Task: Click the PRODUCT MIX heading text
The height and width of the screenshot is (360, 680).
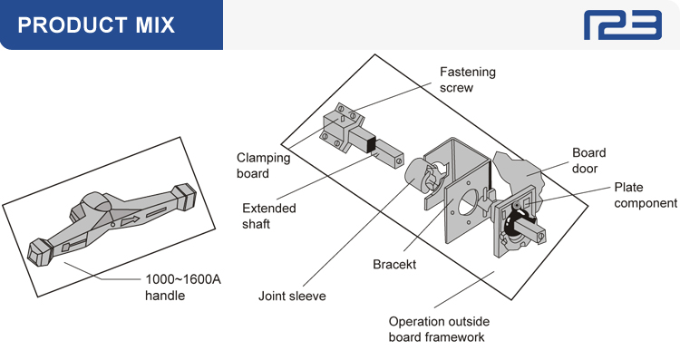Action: (x=96, y=24)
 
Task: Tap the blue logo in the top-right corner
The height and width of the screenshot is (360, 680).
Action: (x=623, y=25)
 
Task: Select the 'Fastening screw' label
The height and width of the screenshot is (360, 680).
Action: (x=468, y=80)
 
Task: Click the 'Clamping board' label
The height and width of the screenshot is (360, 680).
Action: (x=263, y=165)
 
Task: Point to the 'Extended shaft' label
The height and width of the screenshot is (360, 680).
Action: (x=269, y=216)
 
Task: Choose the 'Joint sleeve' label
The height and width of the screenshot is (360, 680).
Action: (x=292, y=296)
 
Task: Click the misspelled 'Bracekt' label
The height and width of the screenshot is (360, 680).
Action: (x=394, y=264)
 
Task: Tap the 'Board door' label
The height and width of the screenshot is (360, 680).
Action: (x=588, y=161)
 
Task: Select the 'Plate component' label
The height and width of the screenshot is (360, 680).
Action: (x=646, y=195)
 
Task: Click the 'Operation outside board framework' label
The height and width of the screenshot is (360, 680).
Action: (x=439, y=329)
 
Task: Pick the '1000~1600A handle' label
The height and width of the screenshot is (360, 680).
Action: (x=182, y=287)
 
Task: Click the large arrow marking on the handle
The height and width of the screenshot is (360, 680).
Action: (x=130, y=220)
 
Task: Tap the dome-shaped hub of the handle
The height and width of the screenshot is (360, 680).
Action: (x=97, y=202)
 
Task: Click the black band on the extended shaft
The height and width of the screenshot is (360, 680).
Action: (x=371, y=143)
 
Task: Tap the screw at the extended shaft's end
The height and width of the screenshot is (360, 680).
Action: (x=399, y=161)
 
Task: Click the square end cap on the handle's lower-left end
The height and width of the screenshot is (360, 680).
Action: (x=40, y=252)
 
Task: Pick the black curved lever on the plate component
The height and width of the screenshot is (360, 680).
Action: (x=513, y=222)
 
